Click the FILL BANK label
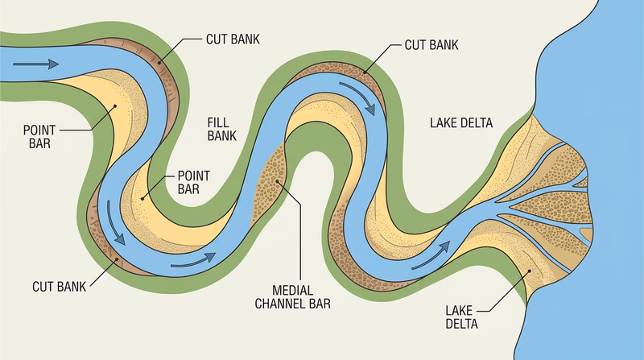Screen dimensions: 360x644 (x=221, y=127)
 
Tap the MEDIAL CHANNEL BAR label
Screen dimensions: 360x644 (x=292, y=296)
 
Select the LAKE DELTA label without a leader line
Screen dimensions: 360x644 (x=461, y=123)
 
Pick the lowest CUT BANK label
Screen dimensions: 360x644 (x=60, y=286)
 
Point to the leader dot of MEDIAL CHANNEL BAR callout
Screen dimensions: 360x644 (x=279, y=181)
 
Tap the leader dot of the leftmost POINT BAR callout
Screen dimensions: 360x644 (x=115, y=104)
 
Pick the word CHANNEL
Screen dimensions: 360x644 (x=282, y=304)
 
